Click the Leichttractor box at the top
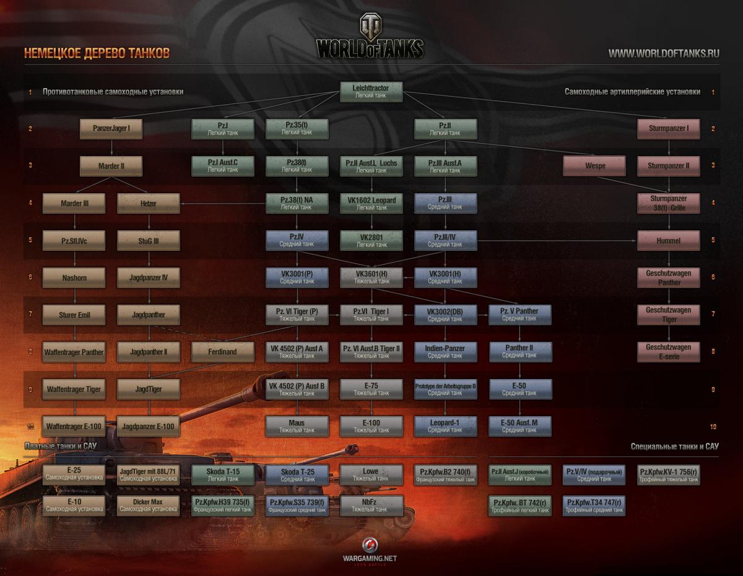[x=371, y=92]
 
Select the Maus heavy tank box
[x=297, y=426]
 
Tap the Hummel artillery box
[x=668, y=240]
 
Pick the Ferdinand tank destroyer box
[x=222, y=352]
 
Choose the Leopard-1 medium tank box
[x=445, y=426]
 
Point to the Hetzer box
[x=148, y=203]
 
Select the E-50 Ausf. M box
[x=519, y=426]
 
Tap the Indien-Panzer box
[x=445, y=352]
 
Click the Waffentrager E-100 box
[x=74, y=426]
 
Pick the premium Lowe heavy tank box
[x=370, y=475]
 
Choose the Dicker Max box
[x=148, y=505]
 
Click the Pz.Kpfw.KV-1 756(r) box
[x=668, y=475]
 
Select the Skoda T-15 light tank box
[x=222, y=475]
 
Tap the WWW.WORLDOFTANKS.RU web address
[x=664, y=53]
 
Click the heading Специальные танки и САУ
[x=674, y=446]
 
